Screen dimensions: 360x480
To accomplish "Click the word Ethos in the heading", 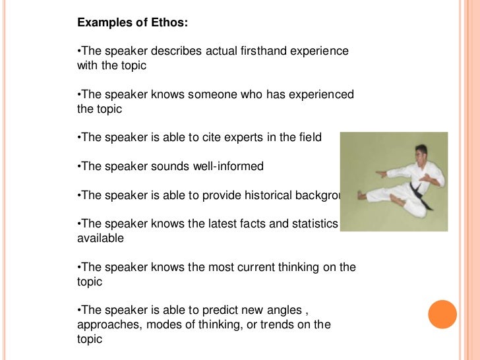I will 167,23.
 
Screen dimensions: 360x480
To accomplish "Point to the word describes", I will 154,51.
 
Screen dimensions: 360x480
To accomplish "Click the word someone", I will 213,95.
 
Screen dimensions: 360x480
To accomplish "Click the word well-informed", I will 228,166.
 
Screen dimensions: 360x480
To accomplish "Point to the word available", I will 100,238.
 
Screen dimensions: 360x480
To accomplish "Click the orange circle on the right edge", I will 442,314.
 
